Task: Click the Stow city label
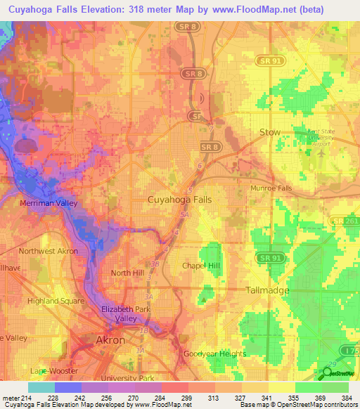click(x=270, y=132)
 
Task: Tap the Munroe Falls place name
click(x=271, y=189)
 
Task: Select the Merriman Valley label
click(x=40, y=203)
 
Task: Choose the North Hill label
click(x=127, y=273)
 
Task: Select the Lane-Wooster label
click(x=52, y=370)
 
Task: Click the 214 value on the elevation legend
click(x=27, y=397)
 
